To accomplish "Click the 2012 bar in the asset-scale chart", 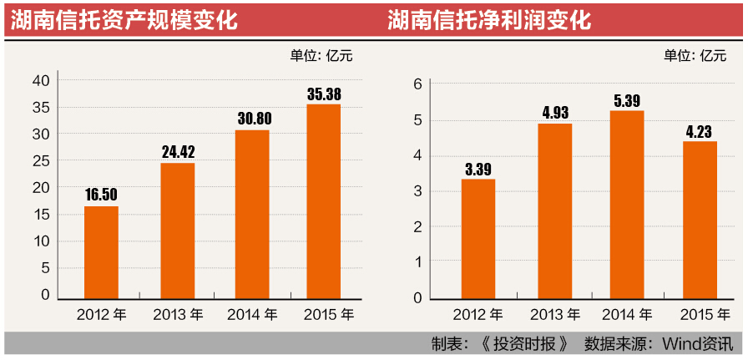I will [x=101, y=252].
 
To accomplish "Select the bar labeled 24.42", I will [x=177, y=231].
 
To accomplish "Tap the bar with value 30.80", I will [x=252, y=214].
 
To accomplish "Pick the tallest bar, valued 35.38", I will [x=323, y=201].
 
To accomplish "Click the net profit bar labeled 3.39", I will [x=478, y=239].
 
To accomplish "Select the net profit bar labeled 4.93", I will [x=554, y=211].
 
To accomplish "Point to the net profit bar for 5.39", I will [x=627, y=205].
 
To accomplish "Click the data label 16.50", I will [x=102, y=195].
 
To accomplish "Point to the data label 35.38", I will [x=324, y=94].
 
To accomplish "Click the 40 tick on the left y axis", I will [x=42, y=81].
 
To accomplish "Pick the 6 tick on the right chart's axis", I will [x=418, y=84].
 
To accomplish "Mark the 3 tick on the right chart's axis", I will [x=418, y=191].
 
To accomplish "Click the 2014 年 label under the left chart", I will [x=253, y=315].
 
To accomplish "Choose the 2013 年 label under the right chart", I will [x=554, y=315].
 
